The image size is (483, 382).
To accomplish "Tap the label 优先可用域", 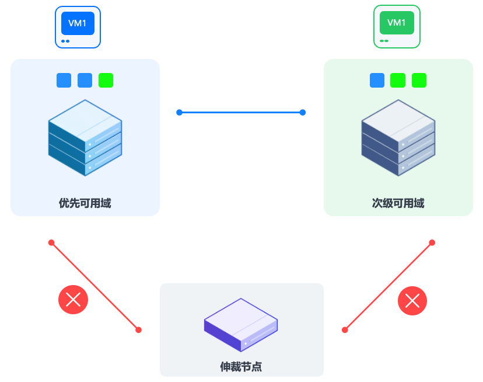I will pos(85,203).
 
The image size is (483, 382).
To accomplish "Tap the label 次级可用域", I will pos(398,203).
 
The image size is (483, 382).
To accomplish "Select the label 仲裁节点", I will pos(241,367).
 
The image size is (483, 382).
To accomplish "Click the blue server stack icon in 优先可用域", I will pos(85,138).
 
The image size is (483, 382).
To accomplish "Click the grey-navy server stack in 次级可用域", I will pos(398,138).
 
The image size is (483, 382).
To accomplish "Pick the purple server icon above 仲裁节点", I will pos(240,325).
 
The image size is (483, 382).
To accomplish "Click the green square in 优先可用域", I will pos(106,80).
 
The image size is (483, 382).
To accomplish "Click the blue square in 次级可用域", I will pos(377,80).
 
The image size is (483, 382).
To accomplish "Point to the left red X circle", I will pos(73,300).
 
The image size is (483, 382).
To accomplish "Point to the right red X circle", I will pos(412,301).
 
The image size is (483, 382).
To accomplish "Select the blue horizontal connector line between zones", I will pos(241,112).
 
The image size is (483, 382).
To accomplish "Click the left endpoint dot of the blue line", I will pos(179,112).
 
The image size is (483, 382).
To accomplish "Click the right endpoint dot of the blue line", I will pos(303,112).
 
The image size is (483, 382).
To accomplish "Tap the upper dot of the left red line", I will pos(51,242).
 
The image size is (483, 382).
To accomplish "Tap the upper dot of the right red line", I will pos(432,242).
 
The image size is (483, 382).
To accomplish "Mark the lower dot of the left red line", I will pos(138,330).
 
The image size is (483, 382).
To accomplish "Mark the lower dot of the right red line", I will pos(345,330).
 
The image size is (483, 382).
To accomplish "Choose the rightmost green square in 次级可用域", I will pos(419,80).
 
